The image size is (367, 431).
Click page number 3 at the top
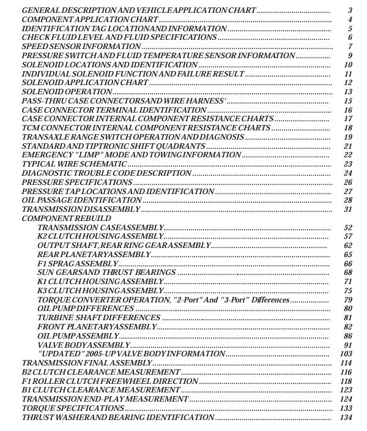(349, 11)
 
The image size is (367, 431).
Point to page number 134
(347, 418)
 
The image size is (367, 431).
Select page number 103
(347, 354)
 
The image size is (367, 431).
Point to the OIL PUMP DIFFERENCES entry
(85, 309)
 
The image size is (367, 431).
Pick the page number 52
(348, 228)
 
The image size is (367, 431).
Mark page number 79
(348, 300)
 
